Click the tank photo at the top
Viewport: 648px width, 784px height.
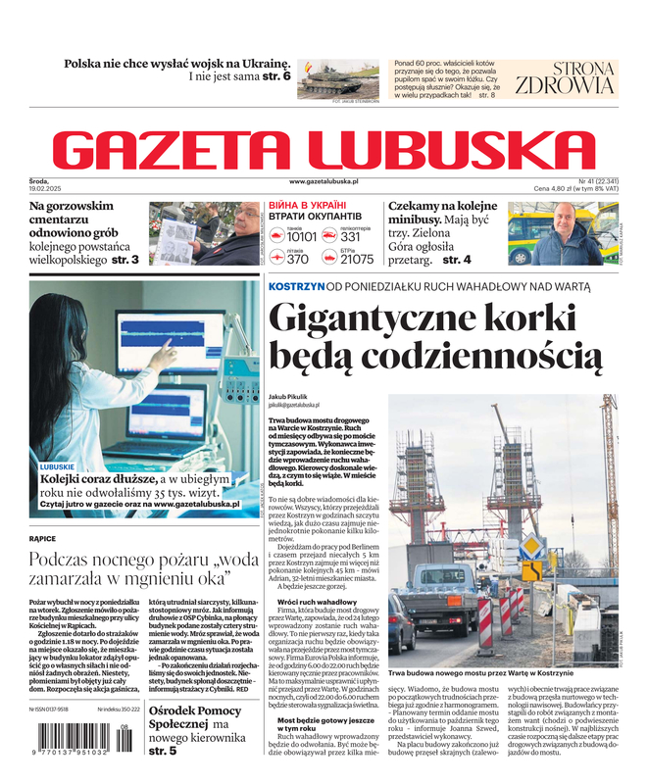[x=339, y=78]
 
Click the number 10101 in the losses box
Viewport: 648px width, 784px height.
[x=302, y=237]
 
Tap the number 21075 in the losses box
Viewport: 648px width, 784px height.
[x=357, y=260]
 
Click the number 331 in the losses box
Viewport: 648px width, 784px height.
[x=351, y=237]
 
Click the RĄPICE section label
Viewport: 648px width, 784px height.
[x=43, y=538]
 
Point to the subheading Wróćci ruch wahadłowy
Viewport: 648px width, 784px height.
[x=317, y=601]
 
